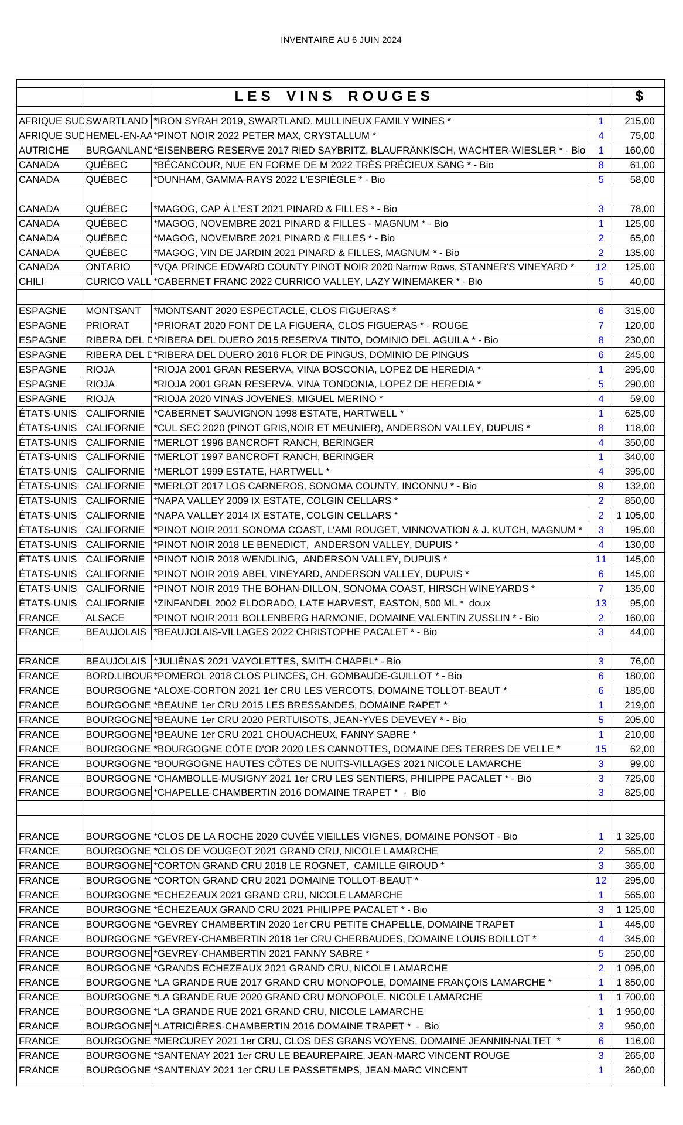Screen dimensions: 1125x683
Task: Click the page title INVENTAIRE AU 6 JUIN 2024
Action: (341, 40)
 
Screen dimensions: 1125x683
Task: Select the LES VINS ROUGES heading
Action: (333, 96)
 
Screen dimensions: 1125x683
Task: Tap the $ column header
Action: (638, 96)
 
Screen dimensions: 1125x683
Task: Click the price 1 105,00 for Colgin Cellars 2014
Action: (636, 516)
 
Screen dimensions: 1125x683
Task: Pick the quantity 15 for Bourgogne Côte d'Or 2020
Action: (600, 749)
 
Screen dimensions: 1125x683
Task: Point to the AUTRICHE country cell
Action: (44, 151)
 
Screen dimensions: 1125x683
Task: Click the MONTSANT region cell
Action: (114, 311)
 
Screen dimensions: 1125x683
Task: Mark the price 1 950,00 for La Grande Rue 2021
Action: (636, 1012)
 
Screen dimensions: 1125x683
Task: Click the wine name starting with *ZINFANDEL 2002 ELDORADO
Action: (322, 603)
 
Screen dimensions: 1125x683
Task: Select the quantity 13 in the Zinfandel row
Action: (600, 603)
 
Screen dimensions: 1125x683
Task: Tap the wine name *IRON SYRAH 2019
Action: (302, 121)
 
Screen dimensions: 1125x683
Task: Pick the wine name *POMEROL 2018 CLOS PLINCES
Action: (308, 676)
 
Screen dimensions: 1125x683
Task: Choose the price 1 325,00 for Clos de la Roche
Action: (636, 837)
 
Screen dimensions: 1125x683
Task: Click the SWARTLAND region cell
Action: (117, 121)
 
